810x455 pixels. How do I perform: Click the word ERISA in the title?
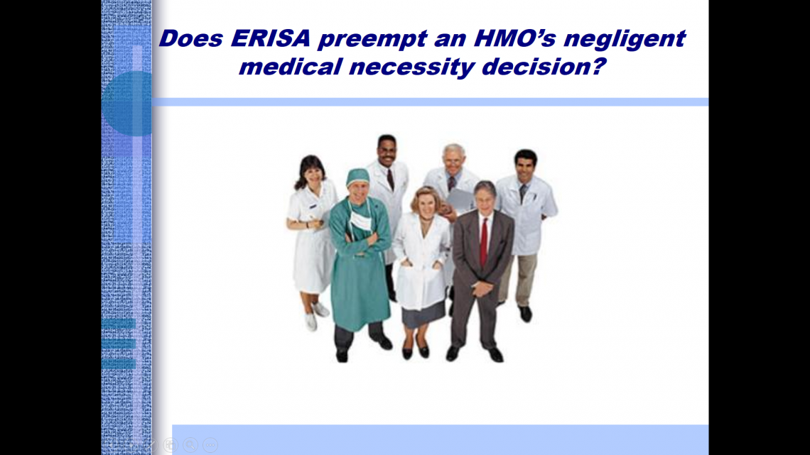(271, 38)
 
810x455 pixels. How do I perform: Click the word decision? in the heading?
(544, 67)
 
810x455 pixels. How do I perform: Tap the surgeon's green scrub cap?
(357, 177)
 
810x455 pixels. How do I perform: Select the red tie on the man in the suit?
(484, 242)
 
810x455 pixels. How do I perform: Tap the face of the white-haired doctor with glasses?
(453, 160)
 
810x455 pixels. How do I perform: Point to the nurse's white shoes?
(315, 316)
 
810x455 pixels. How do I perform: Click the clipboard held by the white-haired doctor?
(459, 199)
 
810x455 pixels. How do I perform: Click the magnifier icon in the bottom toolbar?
(190, 444)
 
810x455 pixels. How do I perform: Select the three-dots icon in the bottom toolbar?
(210, 444)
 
